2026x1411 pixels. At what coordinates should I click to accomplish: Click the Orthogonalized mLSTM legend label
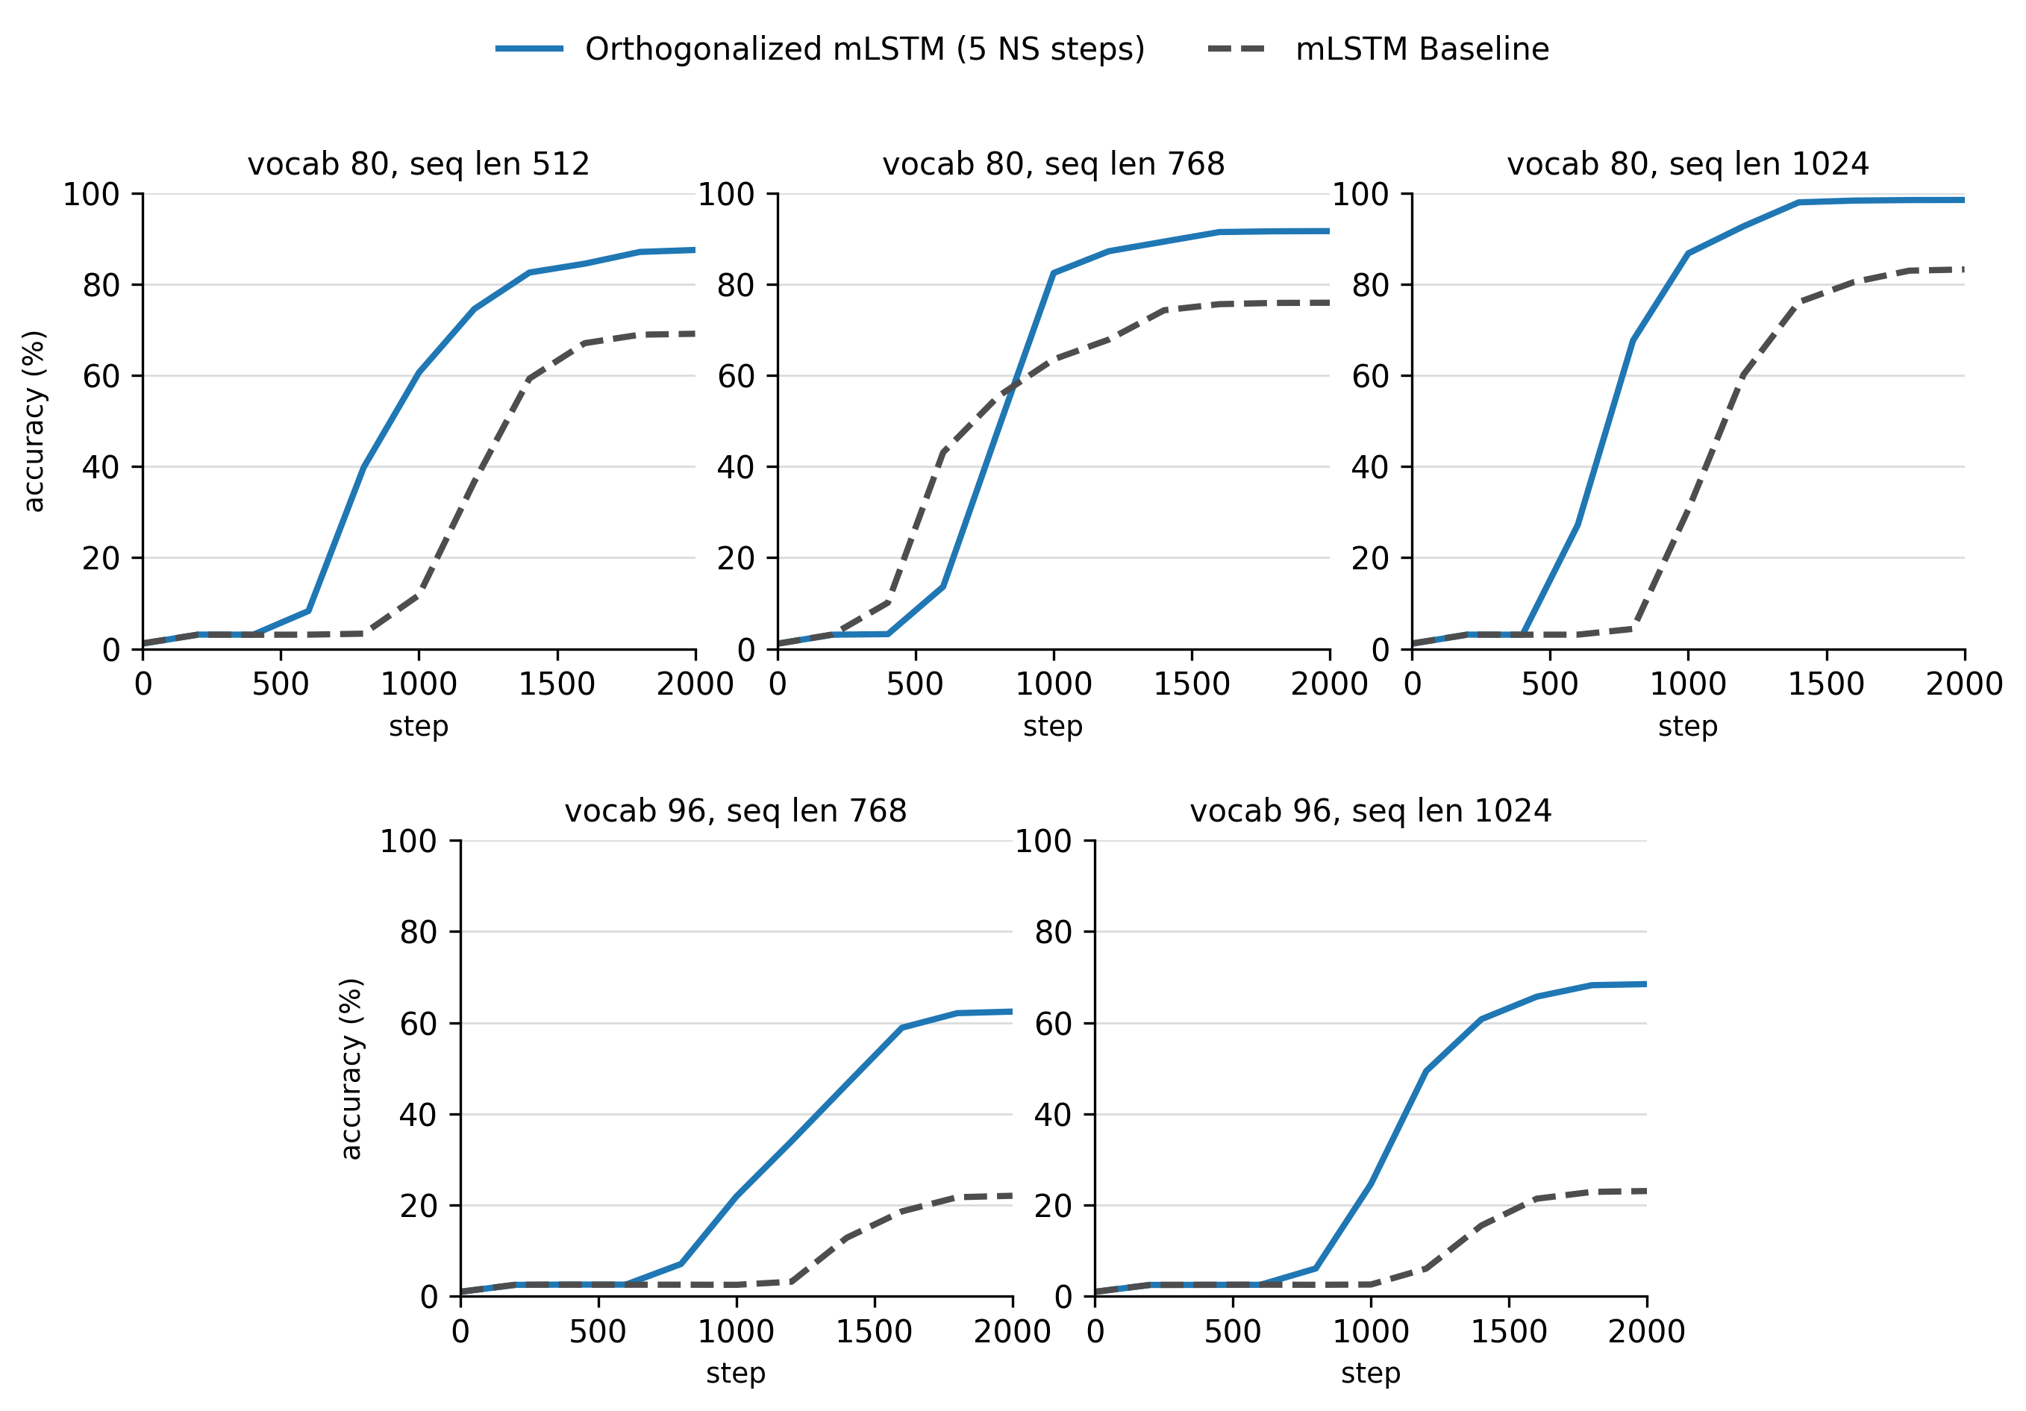pyautogui.click(x=865, y=49)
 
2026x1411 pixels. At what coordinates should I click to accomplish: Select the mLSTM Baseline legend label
pyautogui.click(x=1422, y=49)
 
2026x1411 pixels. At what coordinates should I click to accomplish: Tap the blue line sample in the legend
pyautogui.click(x=529, y=49)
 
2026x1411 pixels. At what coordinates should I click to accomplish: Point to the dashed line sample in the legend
pyautogui.click(x=1239, y=49)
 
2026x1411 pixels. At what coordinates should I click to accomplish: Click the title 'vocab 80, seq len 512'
pyautogui.click(x=419, y=164)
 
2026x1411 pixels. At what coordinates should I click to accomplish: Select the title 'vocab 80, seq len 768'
pyautogui.click(x=1054, y=164)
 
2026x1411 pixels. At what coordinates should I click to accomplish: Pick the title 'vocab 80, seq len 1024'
pyautogui.click(x=1687, y=164)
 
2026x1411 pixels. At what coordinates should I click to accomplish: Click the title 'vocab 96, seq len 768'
pyautogui.click(x=736, y=811)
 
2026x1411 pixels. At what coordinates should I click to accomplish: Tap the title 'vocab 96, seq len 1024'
pyautogui.click(x=1370, y=811)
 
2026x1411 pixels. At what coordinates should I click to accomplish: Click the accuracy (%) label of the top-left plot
pyautogui.click(x=34, y=421)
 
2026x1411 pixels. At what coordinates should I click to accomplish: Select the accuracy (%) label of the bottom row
pyautogui.click(x=351, y=1069)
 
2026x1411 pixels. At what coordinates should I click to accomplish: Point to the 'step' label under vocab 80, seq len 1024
pyautogui.click(x=1688, y=726)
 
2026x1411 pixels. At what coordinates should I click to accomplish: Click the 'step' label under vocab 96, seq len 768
pyautogui.click(x=736, y=1373)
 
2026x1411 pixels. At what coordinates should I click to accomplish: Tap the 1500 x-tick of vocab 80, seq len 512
pyautogui.click(x=557, y=684)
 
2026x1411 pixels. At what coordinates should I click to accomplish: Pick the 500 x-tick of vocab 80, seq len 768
pyautogui.click(x=915, y=684)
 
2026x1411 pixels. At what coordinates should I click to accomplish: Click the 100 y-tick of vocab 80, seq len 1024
pyautogui.click(x=1360, y=194)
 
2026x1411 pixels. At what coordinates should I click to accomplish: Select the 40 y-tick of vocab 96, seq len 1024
pyautogui.click(x=1053, y=1115)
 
